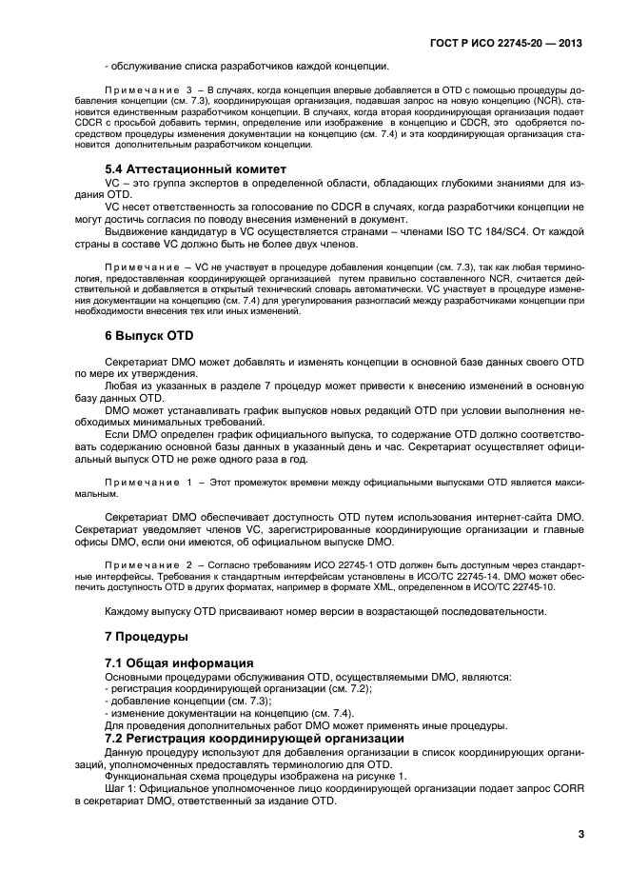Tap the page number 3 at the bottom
tap(580, 834)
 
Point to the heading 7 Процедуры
tap(147, 635)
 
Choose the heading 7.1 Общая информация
tap(178, 663)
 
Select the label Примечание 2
tap(149, 550)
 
